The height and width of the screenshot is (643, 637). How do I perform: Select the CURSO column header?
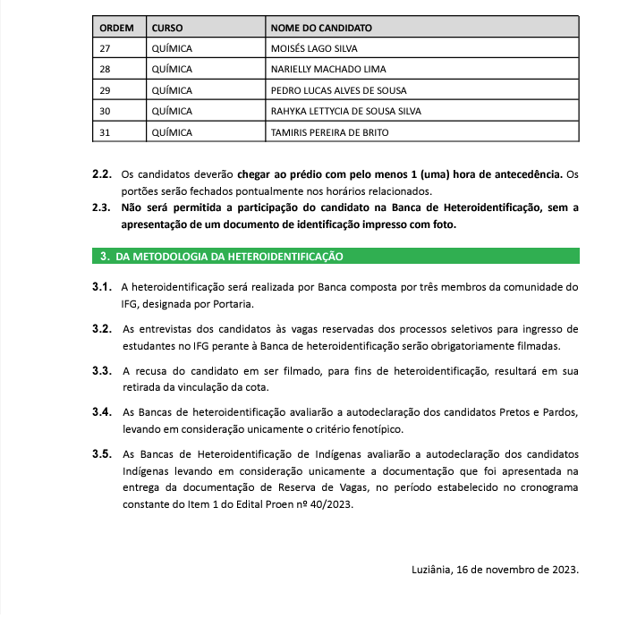coord(167,28)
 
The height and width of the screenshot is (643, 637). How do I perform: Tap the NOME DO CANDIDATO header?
coord(321,28)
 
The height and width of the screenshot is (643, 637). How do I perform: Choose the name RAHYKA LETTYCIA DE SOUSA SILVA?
coord(345,111)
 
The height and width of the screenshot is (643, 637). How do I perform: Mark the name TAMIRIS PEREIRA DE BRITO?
coord(329,132)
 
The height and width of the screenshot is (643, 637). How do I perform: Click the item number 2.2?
coord(101,173)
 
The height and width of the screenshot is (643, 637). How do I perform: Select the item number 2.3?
coord(101,208)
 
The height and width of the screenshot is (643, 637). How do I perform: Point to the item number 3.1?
coord(101,287)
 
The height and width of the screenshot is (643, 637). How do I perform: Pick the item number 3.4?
coord(101,412)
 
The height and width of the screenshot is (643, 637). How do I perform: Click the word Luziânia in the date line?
coord(434,569)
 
